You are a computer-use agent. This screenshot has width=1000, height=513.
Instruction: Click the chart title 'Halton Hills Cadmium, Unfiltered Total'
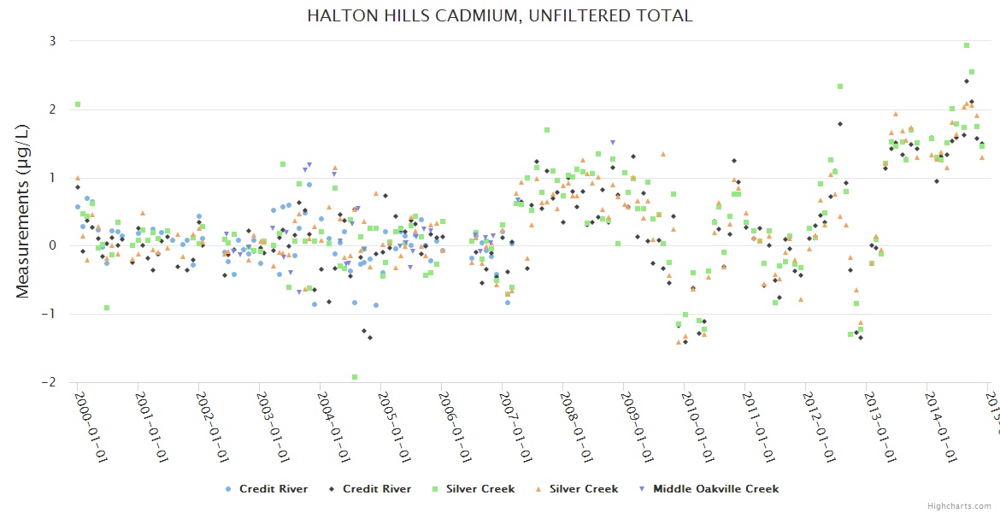click(x=500, y=15)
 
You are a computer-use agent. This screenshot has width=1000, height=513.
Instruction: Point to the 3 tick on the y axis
click(x=52, y=41)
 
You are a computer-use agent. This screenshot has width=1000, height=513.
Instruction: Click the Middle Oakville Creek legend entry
click(x=709, y=489)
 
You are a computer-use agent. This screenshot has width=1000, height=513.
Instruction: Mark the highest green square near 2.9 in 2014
click(x=967, y=45)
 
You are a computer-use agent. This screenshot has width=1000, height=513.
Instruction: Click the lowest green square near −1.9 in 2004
click(x=355, y=377)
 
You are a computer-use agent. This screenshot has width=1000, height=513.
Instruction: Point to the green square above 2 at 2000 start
click(x=78, y=104)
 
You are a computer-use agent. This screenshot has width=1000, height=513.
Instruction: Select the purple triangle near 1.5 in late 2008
click(x=613, y=142)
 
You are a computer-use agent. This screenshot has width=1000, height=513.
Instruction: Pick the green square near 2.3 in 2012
click(x=841, y=86)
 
